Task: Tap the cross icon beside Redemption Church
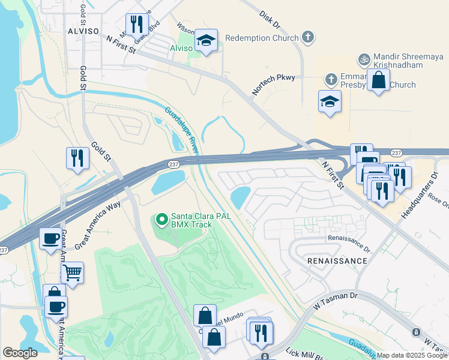point(307,38)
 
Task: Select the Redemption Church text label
point(262,38)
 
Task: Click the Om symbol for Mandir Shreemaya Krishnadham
point(363,59)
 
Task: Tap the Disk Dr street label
point(270,19)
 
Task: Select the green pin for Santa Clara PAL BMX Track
point(161,220)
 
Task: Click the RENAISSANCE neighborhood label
point(337,261)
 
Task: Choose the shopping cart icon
point(72,273)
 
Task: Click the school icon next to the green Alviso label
point(206,40)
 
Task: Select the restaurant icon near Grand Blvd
point(137,24)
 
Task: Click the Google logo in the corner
point(20,353)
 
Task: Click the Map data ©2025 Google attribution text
point(412,355)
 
